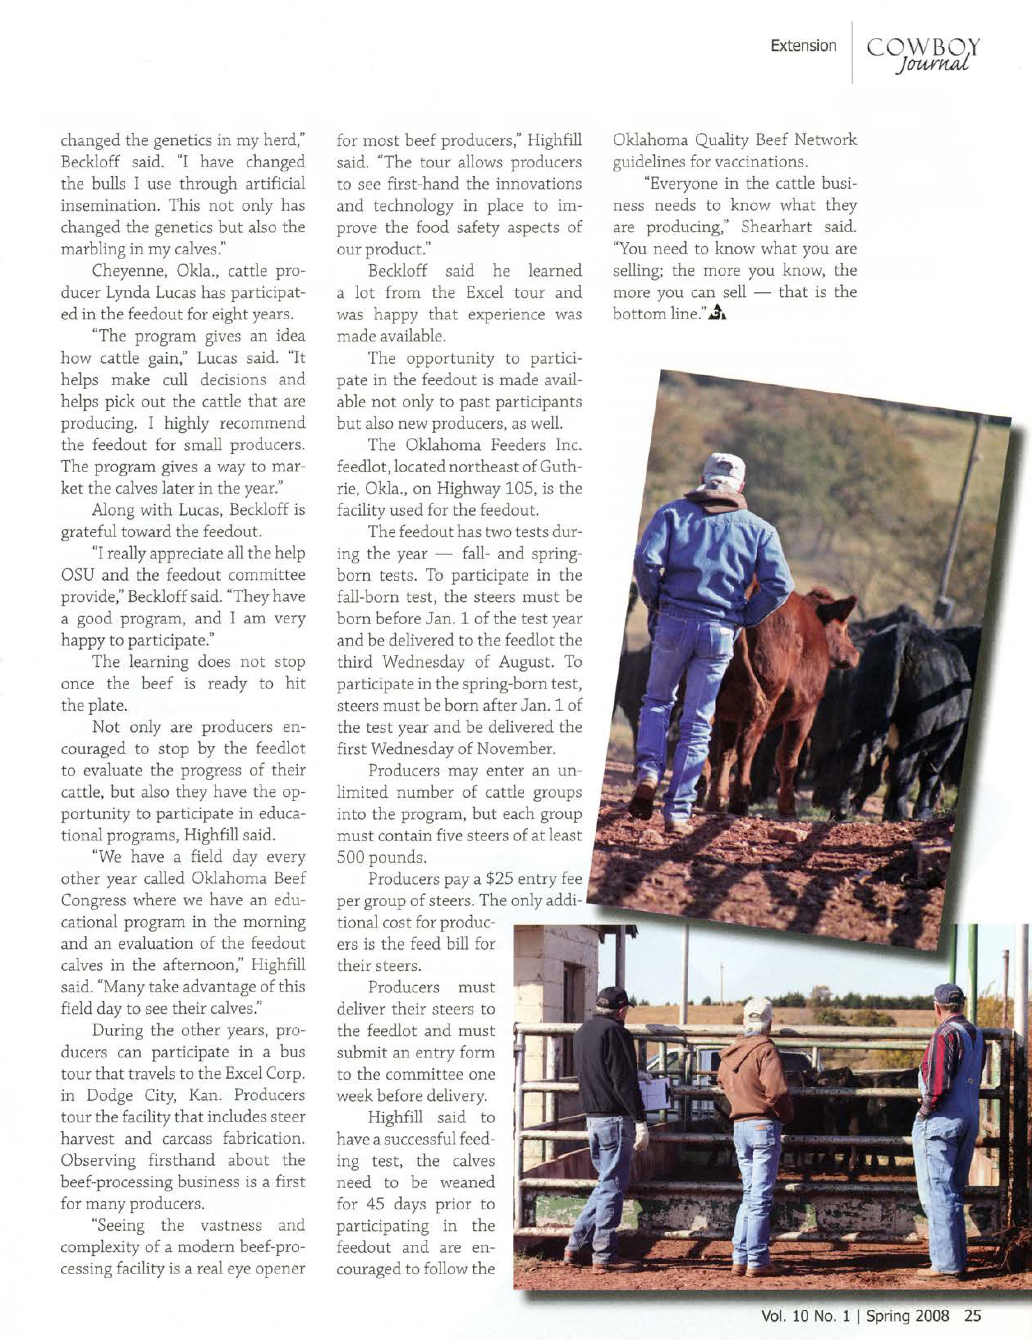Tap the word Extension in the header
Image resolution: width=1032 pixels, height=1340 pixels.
pos(804,45)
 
